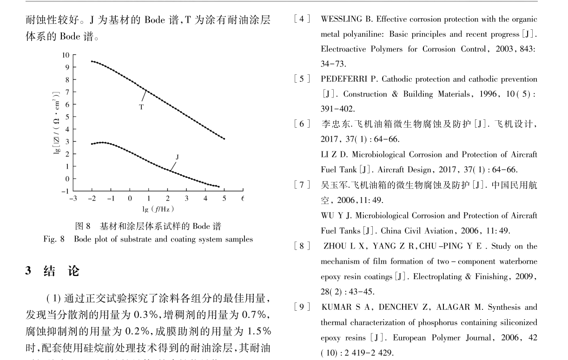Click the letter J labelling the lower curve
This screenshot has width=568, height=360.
[177, 157]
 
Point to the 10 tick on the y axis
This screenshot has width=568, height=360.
[66, 55]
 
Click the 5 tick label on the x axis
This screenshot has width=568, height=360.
[225, 199]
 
